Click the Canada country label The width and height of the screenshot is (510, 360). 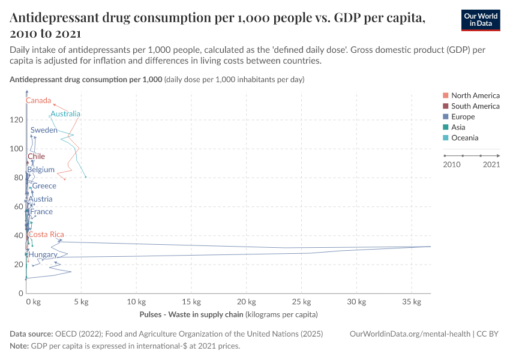click(38, 100)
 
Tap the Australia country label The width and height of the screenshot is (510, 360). click(65, 114)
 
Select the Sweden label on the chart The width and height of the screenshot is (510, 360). click(44, 130)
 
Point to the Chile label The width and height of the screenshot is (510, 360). click(36, 157)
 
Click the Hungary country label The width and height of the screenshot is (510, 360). click(43, 255)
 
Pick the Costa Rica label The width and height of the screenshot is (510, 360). click(46, 235)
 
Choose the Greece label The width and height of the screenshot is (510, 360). click(44, 186)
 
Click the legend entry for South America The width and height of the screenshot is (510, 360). click(475, 106)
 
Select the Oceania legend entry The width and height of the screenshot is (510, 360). click(464, 138)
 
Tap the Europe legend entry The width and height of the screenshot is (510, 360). click(463, 116)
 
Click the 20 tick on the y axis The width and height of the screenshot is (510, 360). click(18, 265)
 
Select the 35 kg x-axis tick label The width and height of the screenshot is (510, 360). click(411, 302)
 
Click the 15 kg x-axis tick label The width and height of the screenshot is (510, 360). click(191, 302)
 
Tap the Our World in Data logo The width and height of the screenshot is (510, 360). click(480, 19)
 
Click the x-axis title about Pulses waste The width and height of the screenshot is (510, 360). click(228, 314)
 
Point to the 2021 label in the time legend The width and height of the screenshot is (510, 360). click(491, 164)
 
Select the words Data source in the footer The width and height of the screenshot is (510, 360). click(32, 334)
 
